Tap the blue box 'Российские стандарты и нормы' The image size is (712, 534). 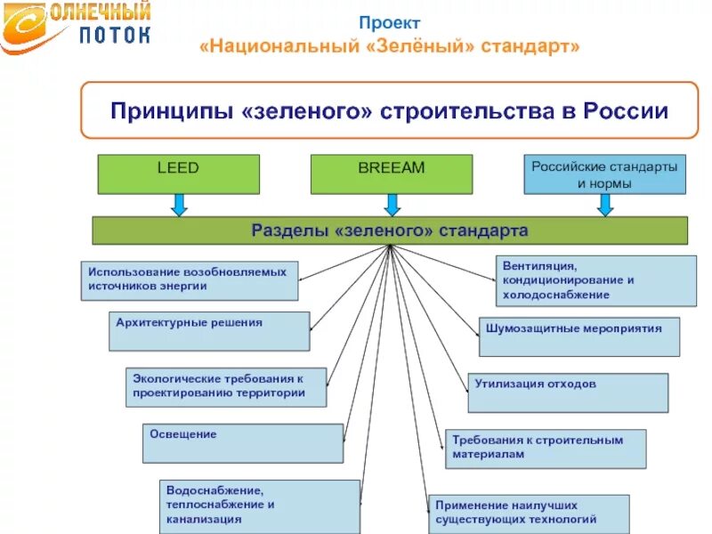[604, 174]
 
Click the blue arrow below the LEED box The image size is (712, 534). [179, 206]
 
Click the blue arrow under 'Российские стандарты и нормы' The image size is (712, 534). [605, 206]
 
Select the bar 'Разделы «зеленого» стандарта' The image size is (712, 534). [390, 231]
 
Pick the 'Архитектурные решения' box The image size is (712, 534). [209, 330]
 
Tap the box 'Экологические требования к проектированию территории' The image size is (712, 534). [225, 387]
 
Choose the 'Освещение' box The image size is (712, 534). [242, 443]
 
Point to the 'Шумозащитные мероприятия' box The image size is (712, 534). [578, 336]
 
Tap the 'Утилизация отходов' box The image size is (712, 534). [568, 392]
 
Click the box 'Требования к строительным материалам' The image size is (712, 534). [546, 449]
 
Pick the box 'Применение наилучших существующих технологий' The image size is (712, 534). [528, 514]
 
